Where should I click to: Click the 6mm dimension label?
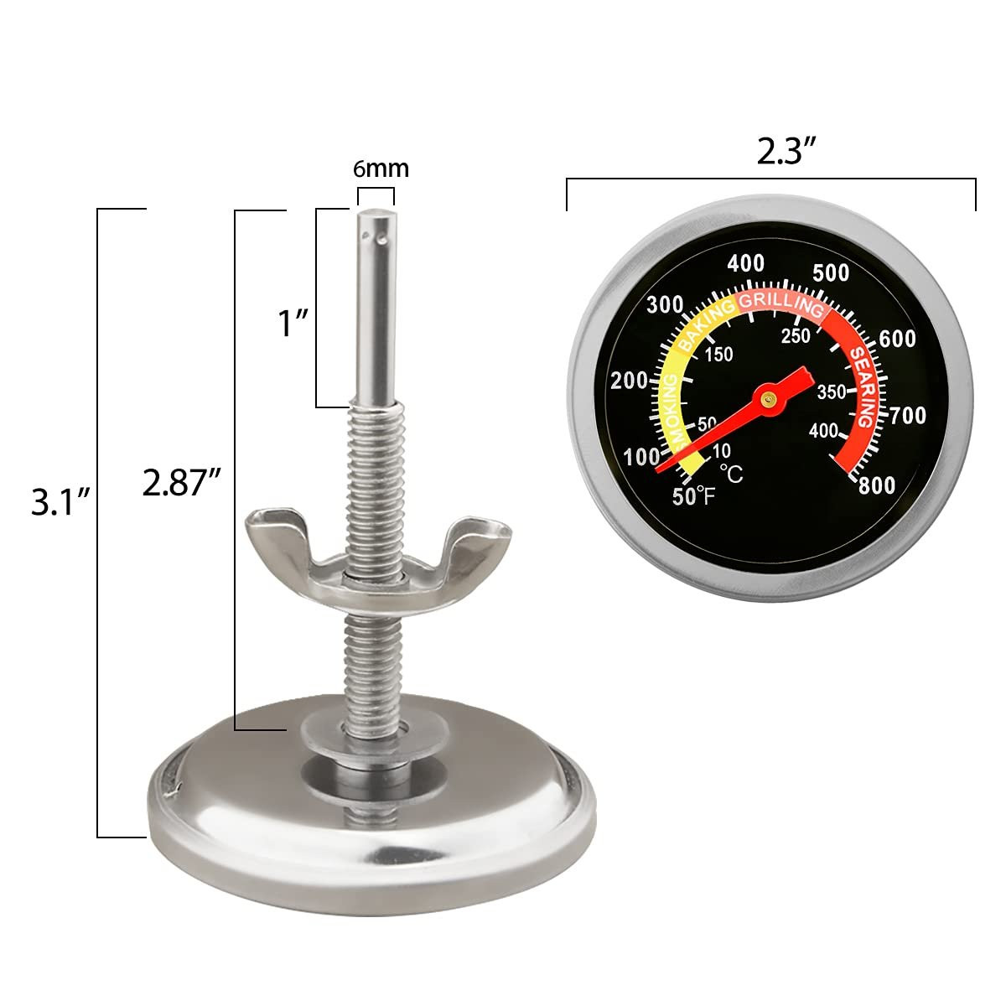(381, 169)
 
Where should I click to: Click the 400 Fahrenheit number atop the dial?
(745, 263)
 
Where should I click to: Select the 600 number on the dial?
(898, 338)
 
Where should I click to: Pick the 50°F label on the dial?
(694, 495)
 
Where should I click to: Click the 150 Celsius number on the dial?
(718, 354)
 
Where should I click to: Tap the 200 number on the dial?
(630, 381)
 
